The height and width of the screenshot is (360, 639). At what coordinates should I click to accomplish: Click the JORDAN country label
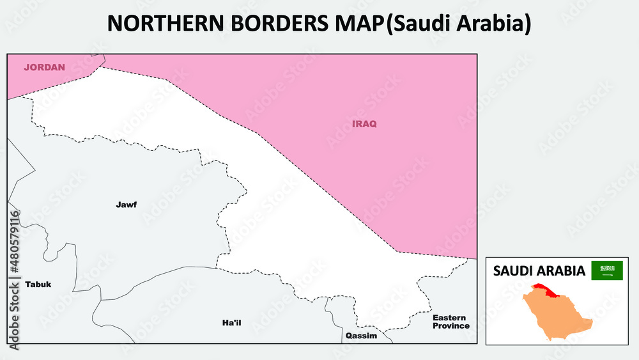(44, 67)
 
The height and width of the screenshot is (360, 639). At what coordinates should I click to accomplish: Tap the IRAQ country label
(364, 123)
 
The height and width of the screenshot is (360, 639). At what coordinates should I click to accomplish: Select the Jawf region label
(126, 205)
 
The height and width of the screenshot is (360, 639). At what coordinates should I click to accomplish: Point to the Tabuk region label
(38, 284)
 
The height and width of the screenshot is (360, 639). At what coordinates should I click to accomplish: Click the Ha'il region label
(231, 322)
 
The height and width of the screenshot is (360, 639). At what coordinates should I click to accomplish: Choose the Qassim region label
(361, 336)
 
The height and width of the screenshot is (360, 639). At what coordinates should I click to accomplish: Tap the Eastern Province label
(450, 322)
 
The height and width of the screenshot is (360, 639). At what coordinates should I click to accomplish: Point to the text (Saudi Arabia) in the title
(459, 23)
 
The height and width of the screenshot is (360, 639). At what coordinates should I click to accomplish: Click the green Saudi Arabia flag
(606, 270)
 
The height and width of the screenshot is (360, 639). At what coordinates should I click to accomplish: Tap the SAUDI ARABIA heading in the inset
(539, 270)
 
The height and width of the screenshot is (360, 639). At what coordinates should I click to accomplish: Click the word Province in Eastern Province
(450, 326)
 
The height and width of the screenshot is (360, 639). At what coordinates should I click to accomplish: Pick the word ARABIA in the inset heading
(562, 270)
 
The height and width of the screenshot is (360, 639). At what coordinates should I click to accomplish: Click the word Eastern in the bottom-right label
(449, 318)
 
